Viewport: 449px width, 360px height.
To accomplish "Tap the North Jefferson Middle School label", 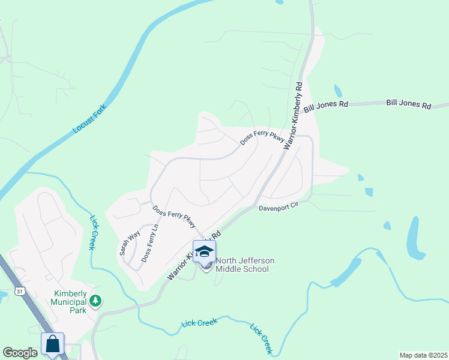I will [x=245, y=264].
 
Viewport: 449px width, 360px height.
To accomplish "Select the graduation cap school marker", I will [x=204, y=251].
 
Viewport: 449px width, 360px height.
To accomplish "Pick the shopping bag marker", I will [x=52, y=344].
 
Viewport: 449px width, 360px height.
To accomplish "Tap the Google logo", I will [x=20, y=353].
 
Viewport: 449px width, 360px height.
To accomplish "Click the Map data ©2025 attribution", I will [x=423, y=355].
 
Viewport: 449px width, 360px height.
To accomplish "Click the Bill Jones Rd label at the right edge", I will [x=409, y=104].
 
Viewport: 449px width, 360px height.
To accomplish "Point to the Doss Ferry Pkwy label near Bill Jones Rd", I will [x=262, y=137].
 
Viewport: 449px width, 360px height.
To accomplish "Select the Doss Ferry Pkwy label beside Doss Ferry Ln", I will [x=174, y=216].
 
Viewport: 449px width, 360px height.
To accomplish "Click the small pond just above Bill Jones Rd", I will [x=338, y=91].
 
